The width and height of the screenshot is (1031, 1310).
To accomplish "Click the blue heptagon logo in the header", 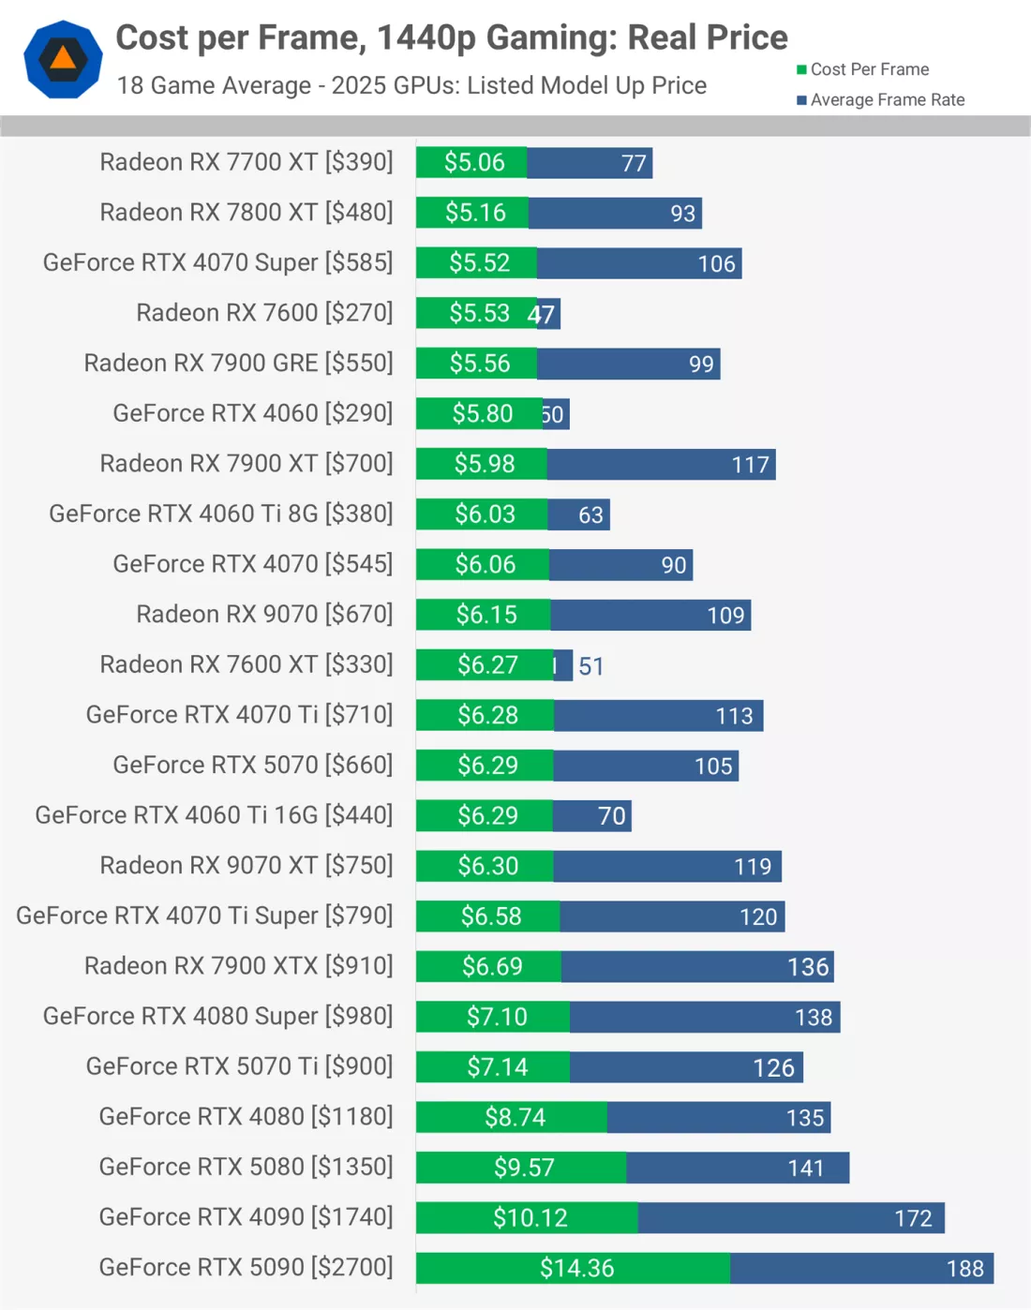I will pos(63,59).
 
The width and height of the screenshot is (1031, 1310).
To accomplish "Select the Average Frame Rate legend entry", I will pos(880,100).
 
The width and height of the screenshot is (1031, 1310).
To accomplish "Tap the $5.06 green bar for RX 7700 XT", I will pos(472,162).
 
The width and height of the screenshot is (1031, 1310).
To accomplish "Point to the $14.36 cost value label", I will pos(576,1268).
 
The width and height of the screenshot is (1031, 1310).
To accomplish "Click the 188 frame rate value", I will pos(964,1268).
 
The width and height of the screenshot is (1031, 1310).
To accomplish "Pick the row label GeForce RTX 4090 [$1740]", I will pos(246,1216).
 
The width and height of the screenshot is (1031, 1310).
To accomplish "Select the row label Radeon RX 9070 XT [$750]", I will pos(246,865).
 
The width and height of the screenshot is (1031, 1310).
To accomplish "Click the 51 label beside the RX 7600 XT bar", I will pos(591,665).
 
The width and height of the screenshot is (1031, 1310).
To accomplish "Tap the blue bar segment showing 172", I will pos(791,1217).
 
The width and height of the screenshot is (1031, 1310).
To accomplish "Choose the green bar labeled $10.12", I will pos(528,1217).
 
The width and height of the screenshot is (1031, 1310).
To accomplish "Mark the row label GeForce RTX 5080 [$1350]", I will pos(246,1167).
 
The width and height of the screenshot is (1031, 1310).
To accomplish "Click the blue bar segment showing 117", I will pos(661,464).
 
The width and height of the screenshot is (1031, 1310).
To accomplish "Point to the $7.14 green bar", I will pos(494,1066).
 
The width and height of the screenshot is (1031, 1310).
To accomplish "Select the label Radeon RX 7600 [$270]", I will pos(264,312).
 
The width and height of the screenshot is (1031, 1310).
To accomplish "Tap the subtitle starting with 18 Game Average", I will pos(411,85).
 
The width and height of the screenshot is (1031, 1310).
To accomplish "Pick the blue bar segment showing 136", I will pos(697,966).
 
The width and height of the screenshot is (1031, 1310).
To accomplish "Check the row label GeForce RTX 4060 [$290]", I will pos(252,413).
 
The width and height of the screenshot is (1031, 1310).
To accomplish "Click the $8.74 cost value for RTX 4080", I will pos(515,1117).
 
